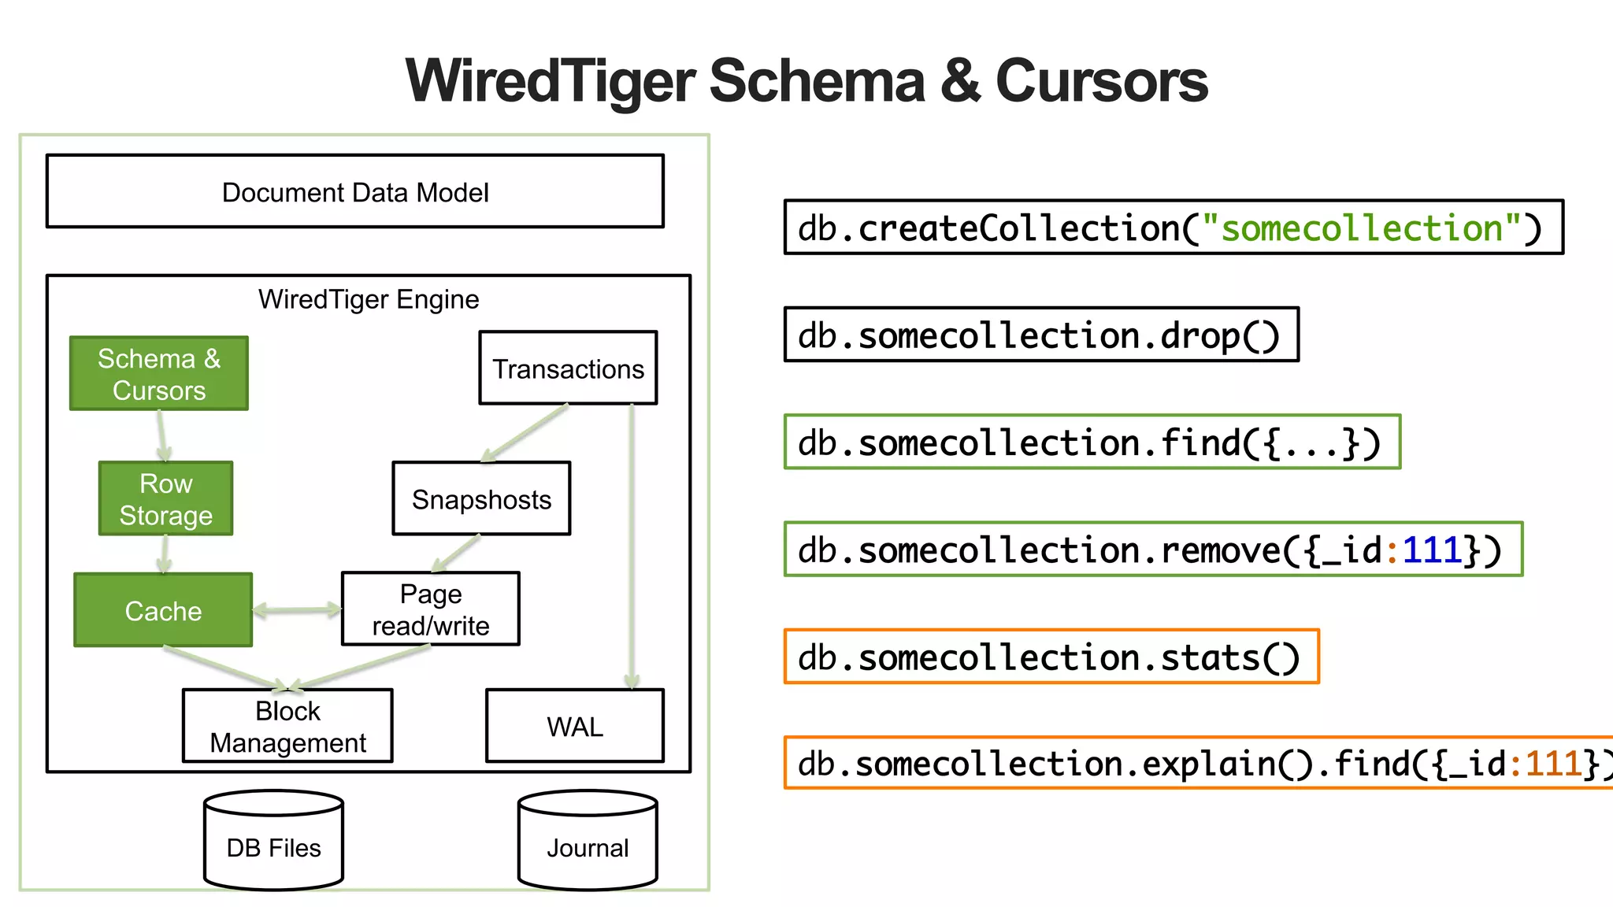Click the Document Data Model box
(354, 191)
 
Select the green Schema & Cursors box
(159, 374)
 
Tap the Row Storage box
(165, 498)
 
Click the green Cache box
(163, 610)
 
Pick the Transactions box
(568, 368)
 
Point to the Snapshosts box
(481, 498)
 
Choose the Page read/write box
(430, 609)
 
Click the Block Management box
(287, 726)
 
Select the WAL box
(575, 726)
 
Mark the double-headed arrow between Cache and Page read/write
(297, 609)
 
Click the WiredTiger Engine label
(369, 299)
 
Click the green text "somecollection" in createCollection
(1361, 228)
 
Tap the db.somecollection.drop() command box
(1041, 335)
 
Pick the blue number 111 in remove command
(1432, 550)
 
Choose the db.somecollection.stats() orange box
(1051, 657)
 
